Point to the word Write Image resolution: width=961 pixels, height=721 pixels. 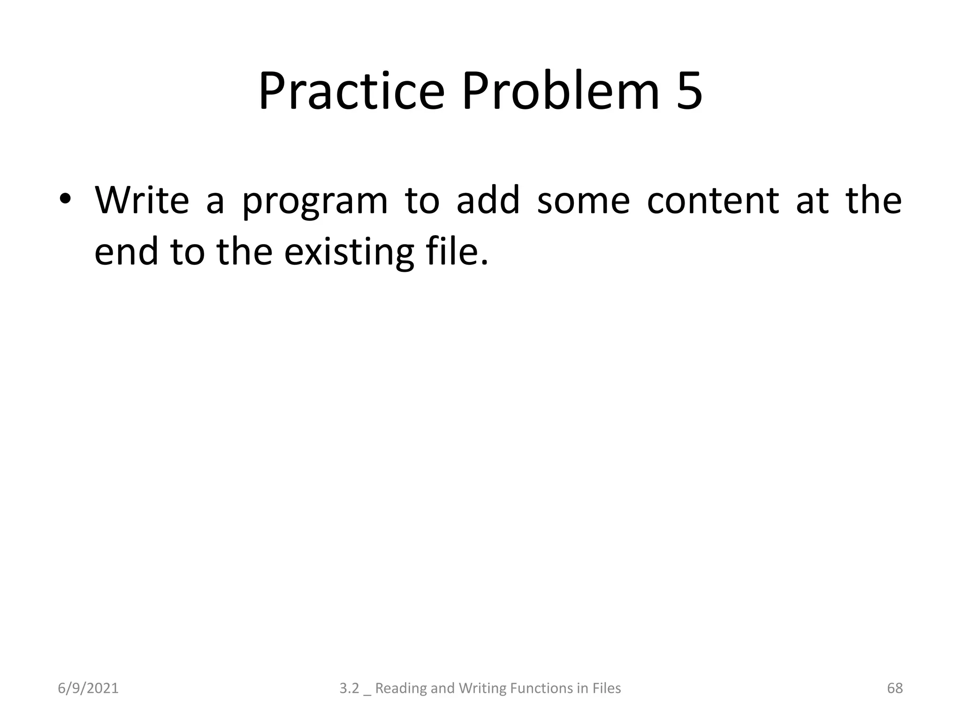coord(142,200)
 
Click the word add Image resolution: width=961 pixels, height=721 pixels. coord(488,200)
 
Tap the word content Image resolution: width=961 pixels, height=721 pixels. coord(713,201)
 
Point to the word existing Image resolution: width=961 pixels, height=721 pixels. coord(350,253)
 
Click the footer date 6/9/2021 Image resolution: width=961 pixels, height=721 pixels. coord(88,688)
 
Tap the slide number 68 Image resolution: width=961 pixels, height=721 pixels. coord(895,688)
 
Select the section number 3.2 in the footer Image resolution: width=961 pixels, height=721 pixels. coord(349,688)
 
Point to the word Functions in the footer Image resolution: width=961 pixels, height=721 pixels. coord(542,688)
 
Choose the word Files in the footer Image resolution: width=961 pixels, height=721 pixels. coord(606,688)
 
